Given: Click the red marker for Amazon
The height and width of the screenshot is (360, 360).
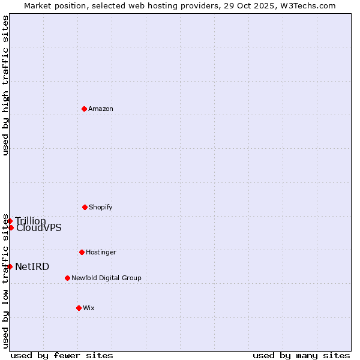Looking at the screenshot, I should (x=84, y=109).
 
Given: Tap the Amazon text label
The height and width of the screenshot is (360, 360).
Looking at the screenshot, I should (x=101, y=109).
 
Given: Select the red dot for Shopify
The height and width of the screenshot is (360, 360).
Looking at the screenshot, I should (x=85, y=207).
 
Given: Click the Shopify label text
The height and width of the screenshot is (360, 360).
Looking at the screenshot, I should (x=101, y=207).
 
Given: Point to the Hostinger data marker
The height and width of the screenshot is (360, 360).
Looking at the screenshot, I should (x=82, y=252).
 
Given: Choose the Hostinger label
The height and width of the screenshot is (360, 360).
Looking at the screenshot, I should (x=101, y=252).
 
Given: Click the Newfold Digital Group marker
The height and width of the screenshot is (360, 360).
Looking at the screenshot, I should (x=67, y=278).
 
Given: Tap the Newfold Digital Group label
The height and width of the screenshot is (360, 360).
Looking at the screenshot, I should (x=106, y=278).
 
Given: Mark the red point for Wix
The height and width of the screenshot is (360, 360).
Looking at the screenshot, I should (x=79, y=308).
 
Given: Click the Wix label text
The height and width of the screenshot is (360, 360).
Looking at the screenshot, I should (x=89, y=308).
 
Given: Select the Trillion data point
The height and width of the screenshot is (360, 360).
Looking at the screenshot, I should (x=10, y=221).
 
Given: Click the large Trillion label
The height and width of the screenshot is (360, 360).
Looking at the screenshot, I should (x=31, y=221).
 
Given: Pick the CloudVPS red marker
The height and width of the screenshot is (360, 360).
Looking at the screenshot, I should (x=11, y=227).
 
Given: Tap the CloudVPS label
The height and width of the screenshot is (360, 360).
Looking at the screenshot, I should (x=38, y=228).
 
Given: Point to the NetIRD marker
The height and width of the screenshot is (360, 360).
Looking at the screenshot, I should (x=10, y=266).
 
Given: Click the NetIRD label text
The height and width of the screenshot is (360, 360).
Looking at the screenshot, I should (x=32, y=266).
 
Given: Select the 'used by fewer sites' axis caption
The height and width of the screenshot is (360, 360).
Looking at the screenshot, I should (x=62, y=355).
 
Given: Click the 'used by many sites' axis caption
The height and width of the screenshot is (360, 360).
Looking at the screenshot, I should (x=301, y=355).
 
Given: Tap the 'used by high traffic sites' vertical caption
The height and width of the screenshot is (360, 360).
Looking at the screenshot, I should (x=5, y=85).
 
